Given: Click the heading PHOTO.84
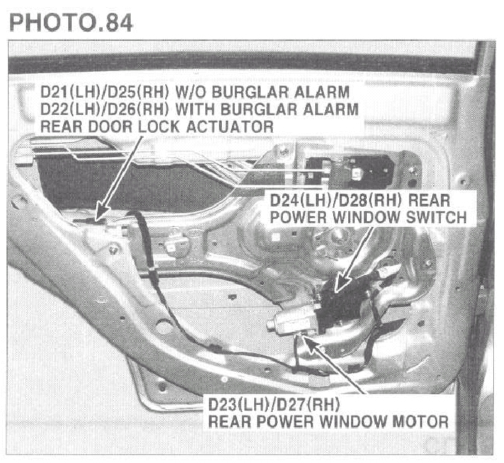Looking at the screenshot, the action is point(71,22).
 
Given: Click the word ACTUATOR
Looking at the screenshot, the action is point(230,126).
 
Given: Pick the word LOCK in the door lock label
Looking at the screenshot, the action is point(159,126).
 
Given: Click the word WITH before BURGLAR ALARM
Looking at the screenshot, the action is point(195,109).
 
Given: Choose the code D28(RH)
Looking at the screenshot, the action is point(364,201).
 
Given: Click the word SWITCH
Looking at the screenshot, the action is point(437,218).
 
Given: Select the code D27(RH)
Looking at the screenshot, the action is point(307,404).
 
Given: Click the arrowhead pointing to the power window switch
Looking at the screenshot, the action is point(341,282).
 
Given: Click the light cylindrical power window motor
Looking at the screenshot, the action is point(292,320).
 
